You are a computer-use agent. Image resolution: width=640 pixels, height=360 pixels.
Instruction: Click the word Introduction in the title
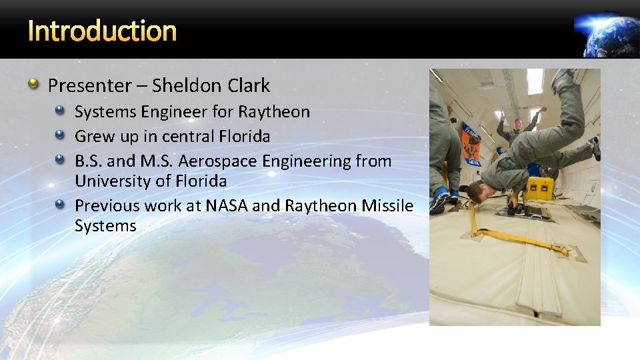[x=103, y=31]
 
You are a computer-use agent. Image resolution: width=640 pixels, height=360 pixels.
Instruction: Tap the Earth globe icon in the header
[x=607, y=33]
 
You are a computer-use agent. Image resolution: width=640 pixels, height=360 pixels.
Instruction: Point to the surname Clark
[x=247, y=85]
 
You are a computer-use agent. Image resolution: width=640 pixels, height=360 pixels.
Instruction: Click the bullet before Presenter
[x=33, y=84]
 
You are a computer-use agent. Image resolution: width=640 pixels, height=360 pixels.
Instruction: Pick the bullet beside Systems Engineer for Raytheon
[x=61, y=111]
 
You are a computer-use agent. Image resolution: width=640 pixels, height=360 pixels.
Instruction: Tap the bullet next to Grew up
[x=61, y=135]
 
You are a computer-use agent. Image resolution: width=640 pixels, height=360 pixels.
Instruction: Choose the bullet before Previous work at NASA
[x=61, y=205]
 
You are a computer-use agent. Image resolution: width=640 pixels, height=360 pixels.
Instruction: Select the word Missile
[x=387, y=206]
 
